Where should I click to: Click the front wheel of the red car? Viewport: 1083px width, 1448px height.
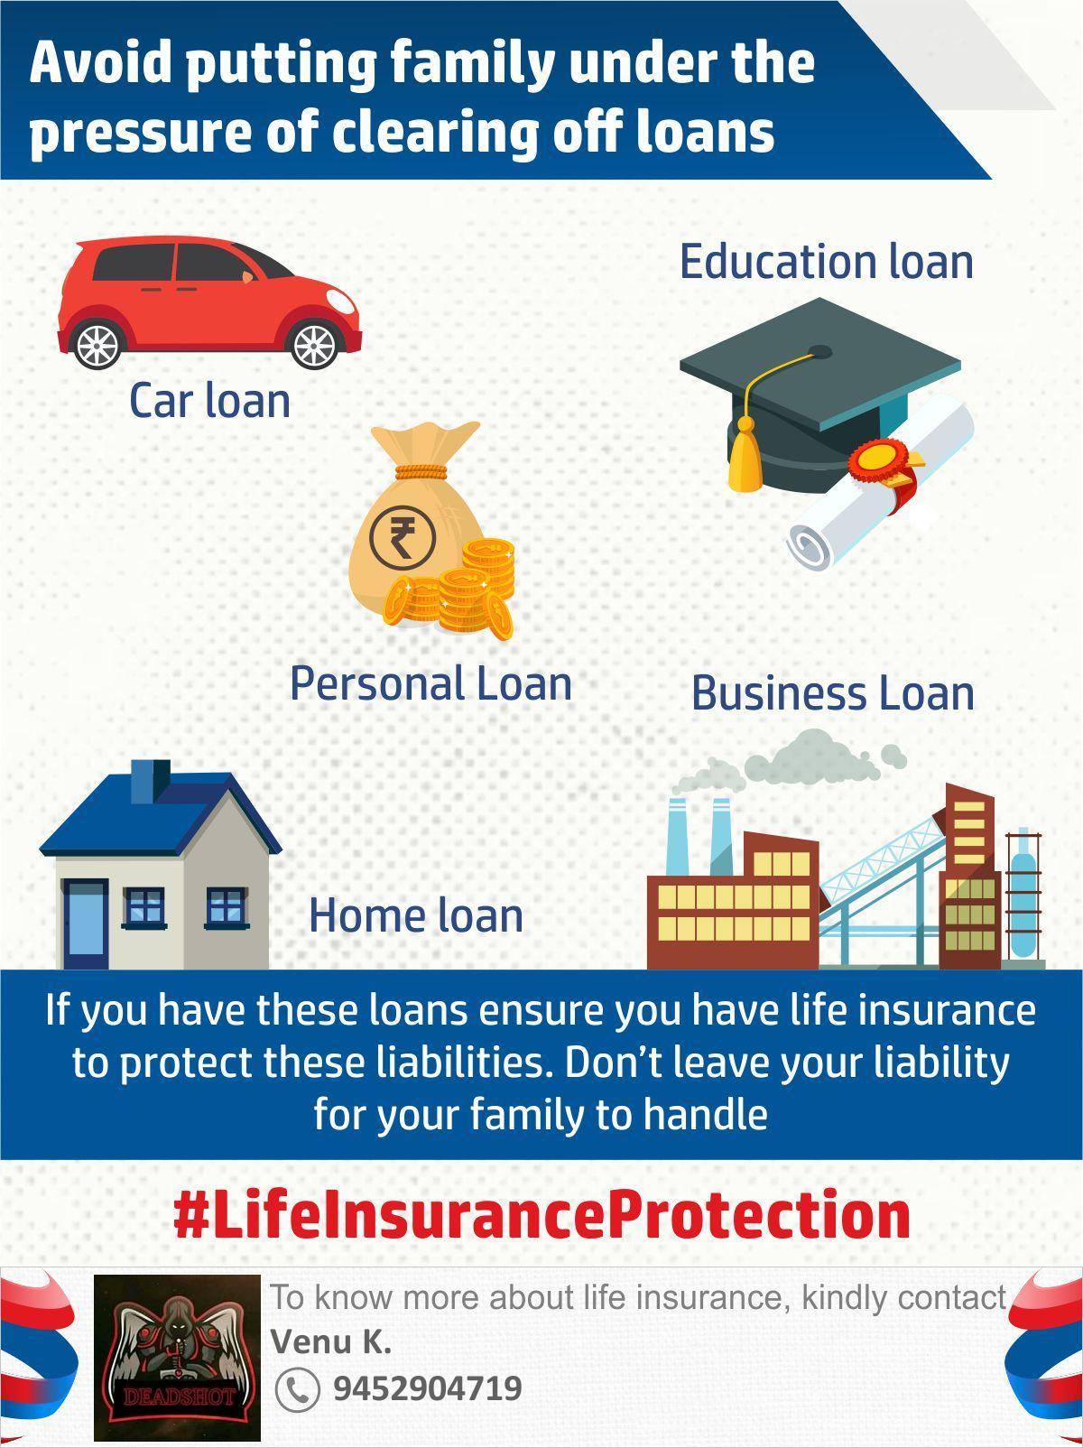(315, 344)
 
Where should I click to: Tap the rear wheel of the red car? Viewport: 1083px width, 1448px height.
(97, 344)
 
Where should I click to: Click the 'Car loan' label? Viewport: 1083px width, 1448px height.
(209, 401)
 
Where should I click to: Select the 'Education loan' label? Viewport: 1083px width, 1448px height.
(827, 261)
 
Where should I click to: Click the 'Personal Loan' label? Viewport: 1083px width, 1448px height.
(430, 682)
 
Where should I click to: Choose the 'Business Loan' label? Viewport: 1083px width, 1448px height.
(833, 693)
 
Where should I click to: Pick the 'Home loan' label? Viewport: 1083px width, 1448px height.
(416, 915)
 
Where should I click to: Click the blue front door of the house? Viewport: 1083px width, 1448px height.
(86, 924)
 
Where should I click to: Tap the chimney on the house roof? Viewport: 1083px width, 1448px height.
(151, 782)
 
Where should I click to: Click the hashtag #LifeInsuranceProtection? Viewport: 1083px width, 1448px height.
(541, 1214)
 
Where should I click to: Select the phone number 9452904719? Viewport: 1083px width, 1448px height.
(428, 1388)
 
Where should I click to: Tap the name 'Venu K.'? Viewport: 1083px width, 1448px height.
(331, 1341)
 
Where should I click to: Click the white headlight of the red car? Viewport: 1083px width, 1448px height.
(341, 302)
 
